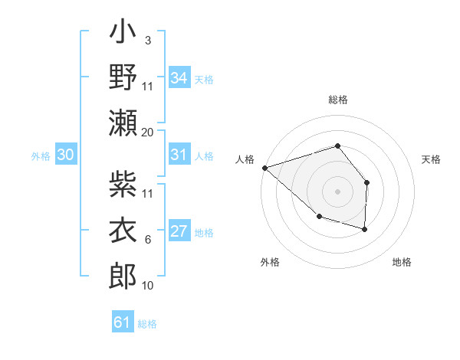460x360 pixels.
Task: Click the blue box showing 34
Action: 179,77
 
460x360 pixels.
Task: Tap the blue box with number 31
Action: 179,155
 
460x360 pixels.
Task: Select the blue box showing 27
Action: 179,232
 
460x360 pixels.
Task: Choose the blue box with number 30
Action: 66,155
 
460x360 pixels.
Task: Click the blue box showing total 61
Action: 123,322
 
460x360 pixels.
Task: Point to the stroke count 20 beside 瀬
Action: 148,132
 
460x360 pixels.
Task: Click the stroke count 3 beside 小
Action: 147,40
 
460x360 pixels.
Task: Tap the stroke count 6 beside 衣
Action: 147,239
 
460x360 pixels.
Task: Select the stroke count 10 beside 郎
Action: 148,285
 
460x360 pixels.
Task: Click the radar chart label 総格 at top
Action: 337,100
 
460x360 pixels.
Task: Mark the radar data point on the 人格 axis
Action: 264,167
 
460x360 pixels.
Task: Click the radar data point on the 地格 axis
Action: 365,229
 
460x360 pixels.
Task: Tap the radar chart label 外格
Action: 270,262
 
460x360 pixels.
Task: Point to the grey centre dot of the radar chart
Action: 337,191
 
